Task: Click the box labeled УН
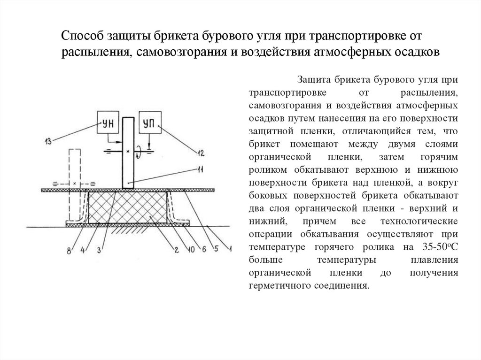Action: tap(108, 124)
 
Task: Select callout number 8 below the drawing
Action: tap(70, 250)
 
